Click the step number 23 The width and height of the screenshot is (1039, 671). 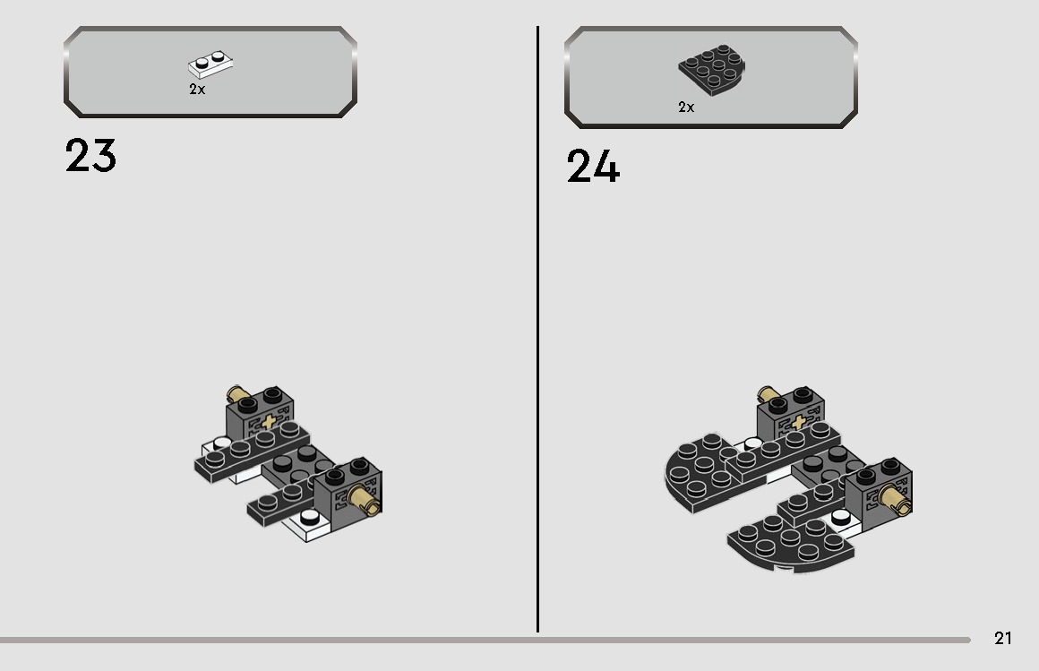[90, 156]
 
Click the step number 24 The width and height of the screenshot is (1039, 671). [593, 166]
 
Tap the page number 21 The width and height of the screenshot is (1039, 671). [1002, 638]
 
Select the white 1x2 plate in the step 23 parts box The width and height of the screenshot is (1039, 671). [210, 64]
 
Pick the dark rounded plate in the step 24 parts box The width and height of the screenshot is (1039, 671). [712, 69]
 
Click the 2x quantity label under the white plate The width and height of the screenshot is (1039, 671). [197, 90]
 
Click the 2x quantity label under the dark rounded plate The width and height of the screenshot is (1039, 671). [686, 108]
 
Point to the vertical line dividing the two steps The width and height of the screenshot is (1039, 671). [537, 329]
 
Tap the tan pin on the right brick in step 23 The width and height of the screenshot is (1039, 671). [364, 499]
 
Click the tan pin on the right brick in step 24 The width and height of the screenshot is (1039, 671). [895, 499]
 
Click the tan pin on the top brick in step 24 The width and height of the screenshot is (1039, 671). [768, 394]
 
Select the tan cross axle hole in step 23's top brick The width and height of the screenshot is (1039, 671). [269, 422]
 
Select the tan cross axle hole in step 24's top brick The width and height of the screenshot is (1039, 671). [799, 422]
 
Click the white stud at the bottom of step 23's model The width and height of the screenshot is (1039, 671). [309, 517]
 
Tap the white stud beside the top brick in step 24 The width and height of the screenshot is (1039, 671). [753, 443]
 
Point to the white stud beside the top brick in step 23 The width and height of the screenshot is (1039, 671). [222, 443]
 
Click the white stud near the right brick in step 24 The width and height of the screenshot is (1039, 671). [841, 516]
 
